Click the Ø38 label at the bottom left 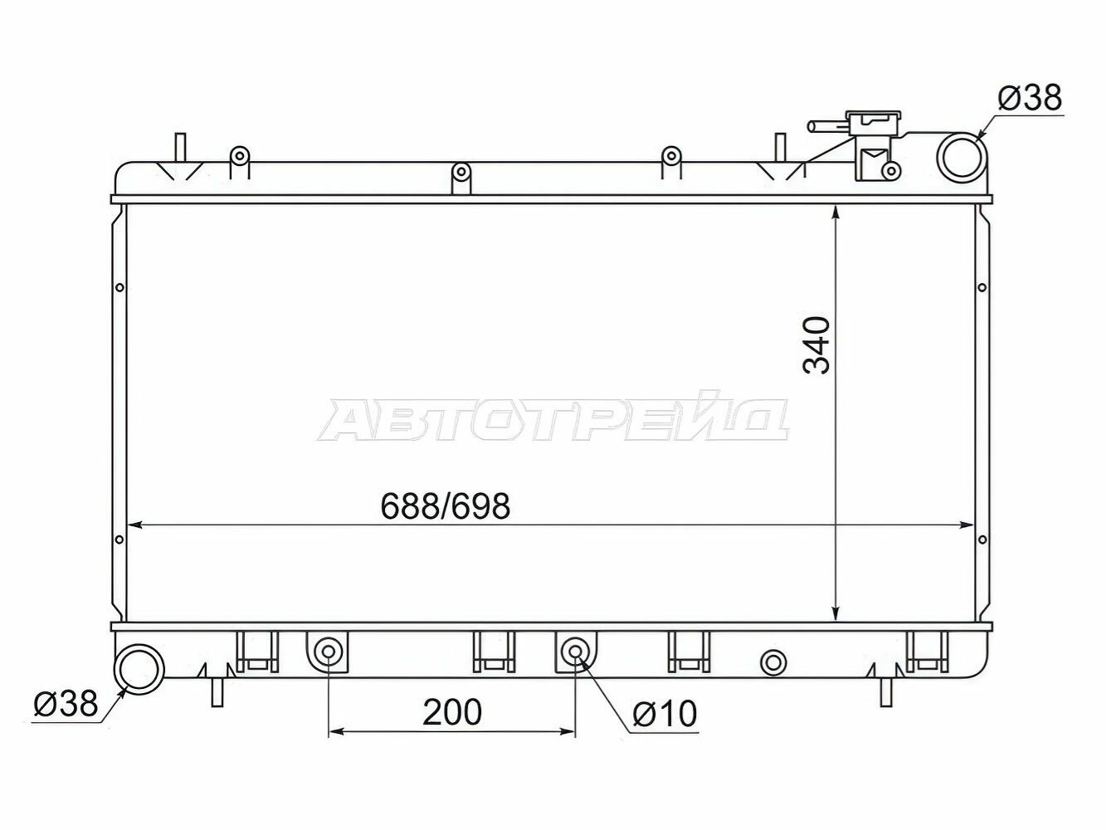[x=66, y=704]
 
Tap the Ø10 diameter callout [x=665, y=714]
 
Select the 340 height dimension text [x=816, y=345]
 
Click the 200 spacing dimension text [x=452, y=712]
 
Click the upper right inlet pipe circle [x=962, y=158]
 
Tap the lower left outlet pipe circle [x=140, y=669]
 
